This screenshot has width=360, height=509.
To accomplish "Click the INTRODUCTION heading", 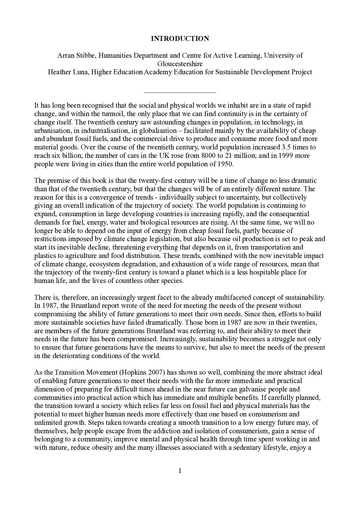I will (180, 39).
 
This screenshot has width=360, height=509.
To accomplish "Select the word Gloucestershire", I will (180, 64).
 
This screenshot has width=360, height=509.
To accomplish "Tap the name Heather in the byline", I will (58, 72).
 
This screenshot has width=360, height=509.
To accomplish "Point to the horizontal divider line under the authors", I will (180, 93).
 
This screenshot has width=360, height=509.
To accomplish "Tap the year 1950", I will (225, 164).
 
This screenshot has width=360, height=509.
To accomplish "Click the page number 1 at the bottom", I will (180, 471).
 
